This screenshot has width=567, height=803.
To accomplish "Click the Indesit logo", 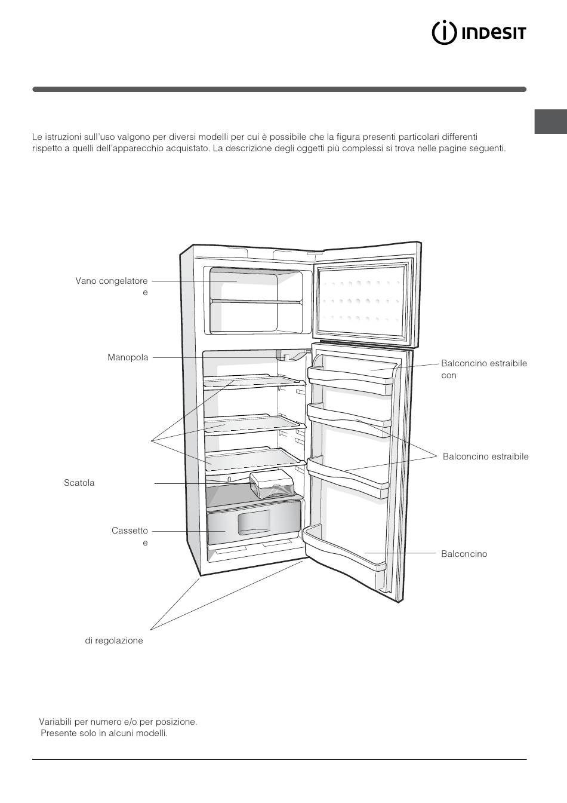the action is click(479, 33).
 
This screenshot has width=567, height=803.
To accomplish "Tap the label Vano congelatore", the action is click(112, 281).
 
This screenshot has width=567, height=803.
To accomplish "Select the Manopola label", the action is click(128, 357).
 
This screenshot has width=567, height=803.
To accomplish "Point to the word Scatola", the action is click(79, 483).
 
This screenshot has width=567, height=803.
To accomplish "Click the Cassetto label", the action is click(130, 531).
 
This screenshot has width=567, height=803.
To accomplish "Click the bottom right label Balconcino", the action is click(464, 554).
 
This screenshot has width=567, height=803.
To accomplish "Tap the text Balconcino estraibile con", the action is click(484, 369).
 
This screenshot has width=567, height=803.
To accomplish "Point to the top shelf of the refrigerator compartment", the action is click(255, 381).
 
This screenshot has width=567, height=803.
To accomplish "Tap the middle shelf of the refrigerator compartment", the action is click(255, 424).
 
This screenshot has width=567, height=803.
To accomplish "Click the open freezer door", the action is click(366, 295).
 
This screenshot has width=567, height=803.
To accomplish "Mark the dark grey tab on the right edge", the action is click(550, 121).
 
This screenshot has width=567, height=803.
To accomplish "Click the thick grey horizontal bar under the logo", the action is click(279, 89).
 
